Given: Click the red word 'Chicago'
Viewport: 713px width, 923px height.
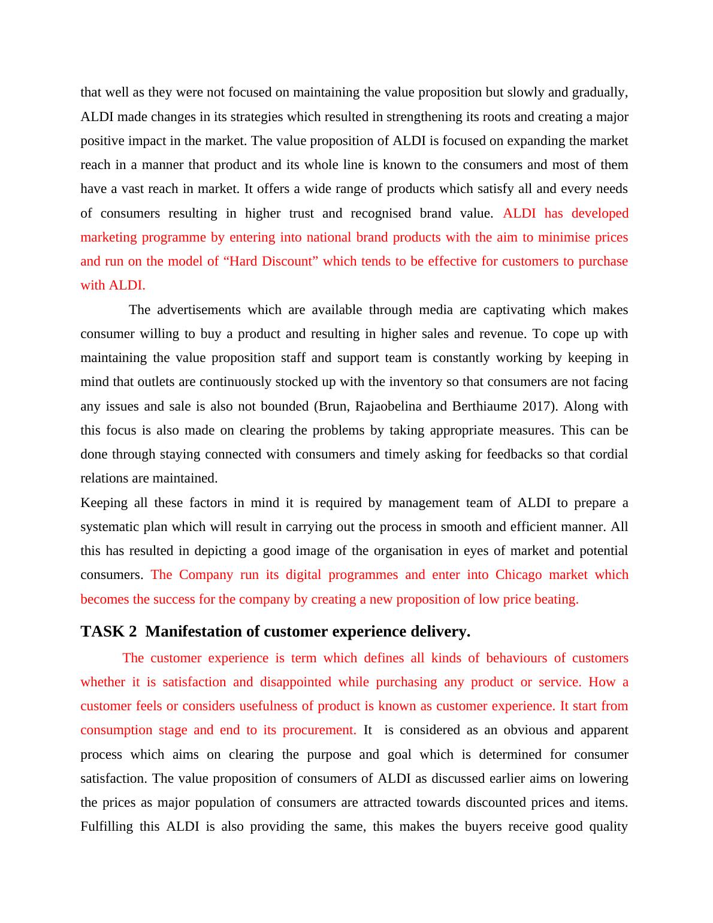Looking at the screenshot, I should [518, 575].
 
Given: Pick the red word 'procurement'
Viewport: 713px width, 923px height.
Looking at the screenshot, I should [319, 730].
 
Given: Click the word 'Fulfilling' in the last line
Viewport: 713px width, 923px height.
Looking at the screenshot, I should [107, 827].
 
